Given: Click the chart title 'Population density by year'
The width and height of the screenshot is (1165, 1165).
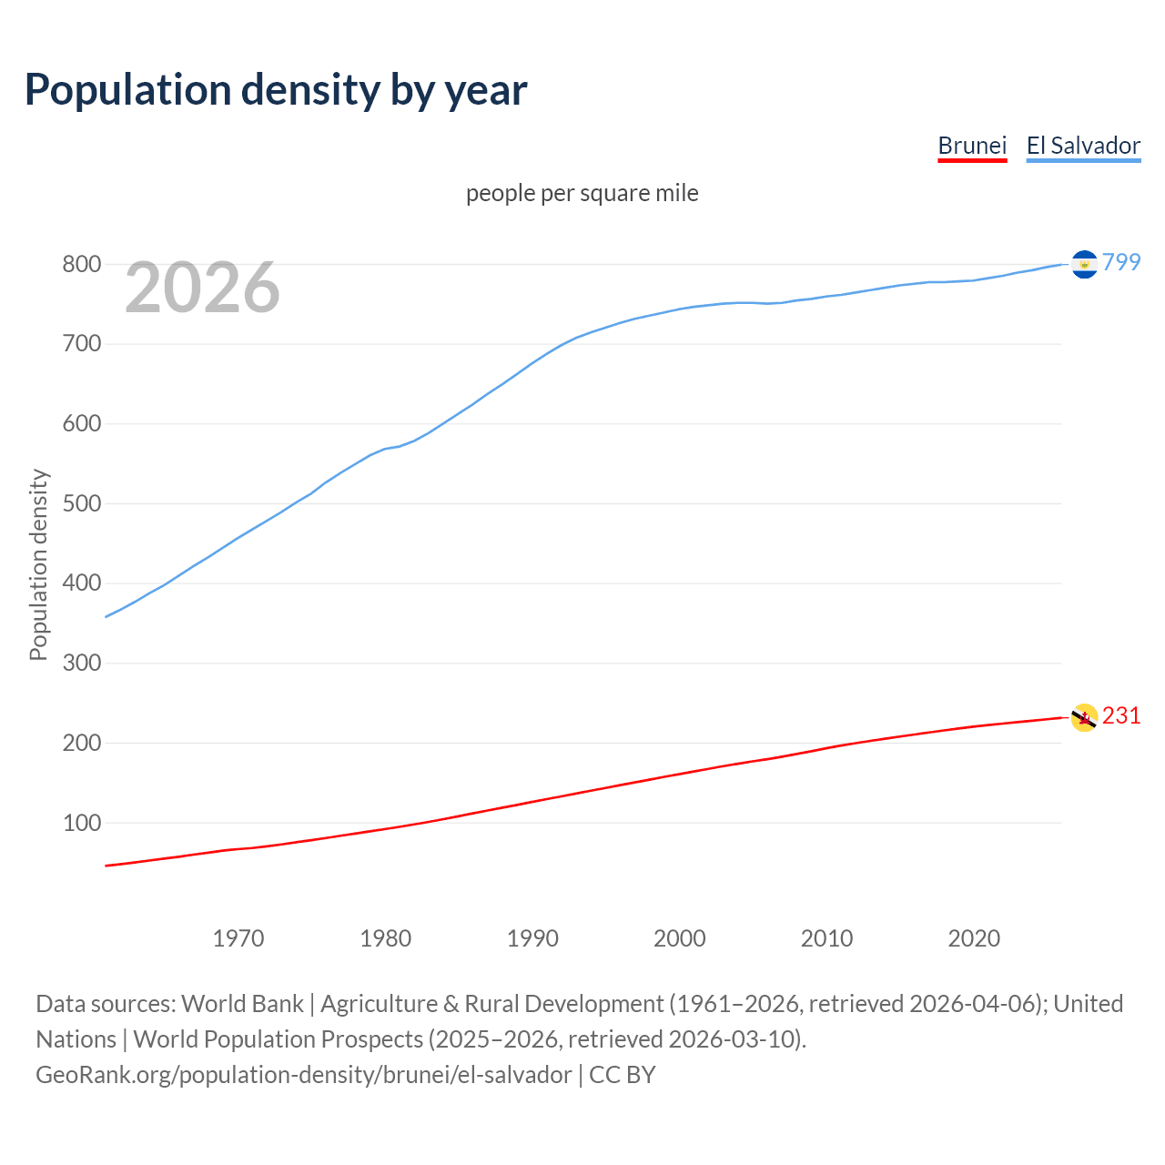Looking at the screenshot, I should [x=276, y=89].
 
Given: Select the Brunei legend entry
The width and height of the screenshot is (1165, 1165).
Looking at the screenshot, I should [x=972, y=146].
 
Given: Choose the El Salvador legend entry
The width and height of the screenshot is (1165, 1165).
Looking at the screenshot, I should [x=1083, y=146].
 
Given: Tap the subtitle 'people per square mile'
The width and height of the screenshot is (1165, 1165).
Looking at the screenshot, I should [x=582, y=193].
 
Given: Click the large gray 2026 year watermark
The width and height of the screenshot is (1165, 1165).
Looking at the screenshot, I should [x=202, y=288].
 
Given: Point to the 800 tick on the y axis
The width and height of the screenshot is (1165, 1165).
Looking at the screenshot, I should [x=81, y=265].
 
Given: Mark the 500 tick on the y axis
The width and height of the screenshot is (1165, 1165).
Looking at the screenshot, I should [x=81, y=503].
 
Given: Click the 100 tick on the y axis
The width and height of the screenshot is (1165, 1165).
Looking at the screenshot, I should [x=81, y=823].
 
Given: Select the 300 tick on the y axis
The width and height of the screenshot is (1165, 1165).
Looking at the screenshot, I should [x=81, y=664].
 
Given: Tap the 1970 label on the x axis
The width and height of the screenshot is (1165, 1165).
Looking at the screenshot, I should [x=238, y=937].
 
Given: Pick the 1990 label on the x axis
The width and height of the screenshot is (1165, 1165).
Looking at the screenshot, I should [x=532, y=937].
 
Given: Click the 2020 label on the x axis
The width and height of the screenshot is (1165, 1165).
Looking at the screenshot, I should [x=974, y=937].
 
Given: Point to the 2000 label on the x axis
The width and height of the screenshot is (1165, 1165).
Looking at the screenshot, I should [x=680, y=937].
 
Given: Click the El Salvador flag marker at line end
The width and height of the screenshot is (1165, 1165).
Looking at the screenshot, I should [x=1084, y=264].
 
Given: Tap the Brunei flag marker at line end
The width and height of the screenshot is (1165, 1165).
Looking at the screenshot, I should [x=1084, y=717].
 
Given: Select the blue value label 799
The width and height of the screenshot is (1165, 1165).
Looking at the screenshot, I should [x=1121, y=262].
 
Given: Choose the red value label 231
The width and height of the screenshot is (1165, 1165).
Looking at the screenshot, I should [x=1121, y=715].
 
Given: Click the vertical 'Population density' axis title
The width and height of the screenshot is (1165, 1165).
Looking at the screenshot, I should [x=38, y=564].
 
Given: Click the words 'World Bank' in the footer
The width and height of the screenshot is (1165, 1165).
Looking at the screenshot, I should [x=242, y=1004].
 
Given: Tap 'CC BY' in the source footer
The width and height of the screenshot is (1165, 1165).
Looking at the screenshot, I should [x=623, y=1075].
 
